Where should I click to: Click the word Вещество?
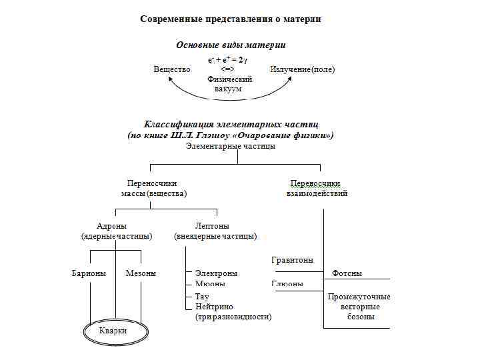172,69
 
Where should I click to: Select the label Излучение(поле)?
303,69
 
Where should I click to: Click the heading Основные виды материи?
231,45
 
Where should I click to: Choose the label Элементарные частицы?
231,146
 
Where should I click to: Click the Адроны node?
111,226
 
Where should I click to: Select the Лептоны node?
213,226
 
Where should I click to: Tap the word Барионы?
89,273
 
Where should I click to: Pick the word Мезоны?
141,273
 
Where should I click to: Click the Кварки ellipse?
113,331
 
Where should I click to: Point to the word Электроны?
216,273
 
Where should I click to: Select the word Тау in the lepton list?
203,297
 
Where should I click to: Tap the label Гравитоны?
293,260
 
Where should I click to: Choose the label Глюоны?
287,284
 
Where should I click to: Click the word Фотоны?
347,274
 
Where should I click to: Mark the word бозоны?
361,317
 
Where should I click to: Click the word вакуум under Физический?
229,89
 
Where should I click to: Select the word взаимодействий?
317,193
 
